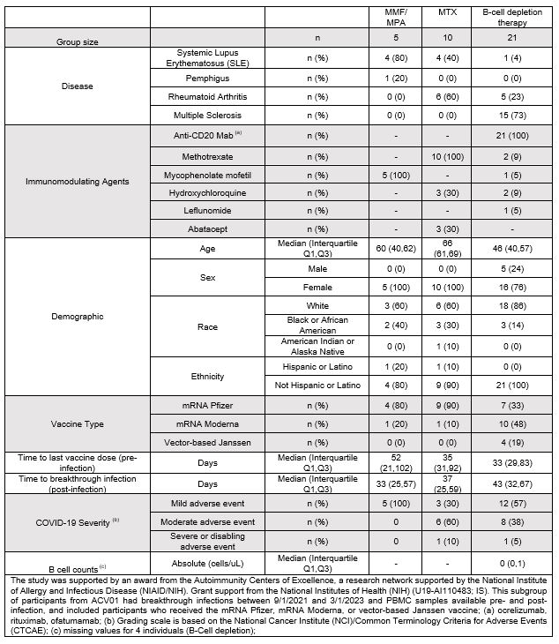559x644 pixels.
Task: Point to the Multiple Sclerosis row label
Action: [x=207, y=116]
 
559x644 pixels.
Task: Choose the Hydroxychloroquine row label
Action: [x=207, y=191]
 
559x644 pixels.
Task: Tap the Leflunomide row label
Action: [x=207, y=210]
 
